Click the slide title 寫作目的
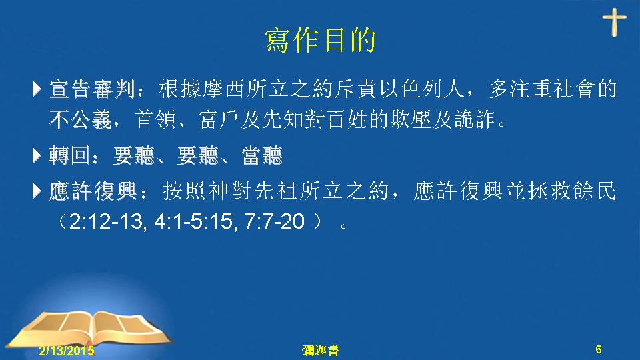[x=320, y=40]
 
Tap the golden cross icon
[x=614, y=21]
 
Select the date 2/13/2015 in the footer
[x=67, y=350]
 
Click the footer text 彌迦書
[x=321, y=350]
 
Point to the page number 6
[x=599, y=349]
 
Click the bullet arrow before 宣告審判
[x=37, y=89]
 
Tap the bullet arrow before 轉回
[x=37, y=155]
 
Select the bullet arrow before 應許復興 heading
[x=37, y=190]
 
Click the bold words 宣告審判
[x=92, y=89]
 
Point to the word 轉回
[x=70, y=155]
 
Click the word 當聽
[x=262, y=155]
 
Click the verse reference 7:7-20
[x=275, y=221]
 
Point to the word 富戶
[x=219, y=119]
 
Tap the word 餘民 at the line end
[x=595, y=191]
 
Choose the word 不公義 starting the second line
[x=81, y=119]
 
